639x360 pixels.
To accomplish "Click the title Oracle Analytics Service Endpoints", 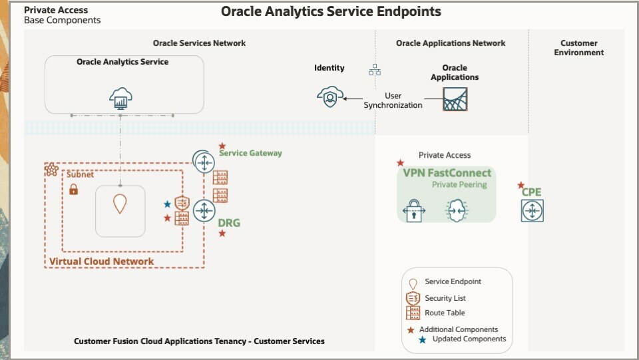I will (x=331, y=11).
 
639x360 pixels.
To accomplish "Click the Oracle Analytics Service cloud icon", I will (x=120, y=98).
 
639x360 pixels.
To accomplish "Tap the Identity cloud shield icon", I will (x=329, y=96).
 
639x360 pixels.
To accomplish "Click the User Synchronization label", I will (x=393, y=100).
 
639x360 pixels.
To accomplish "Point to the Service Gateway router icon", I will (x=203, y=160).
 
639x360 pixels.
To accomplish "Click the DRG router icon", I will (x=203, y=210).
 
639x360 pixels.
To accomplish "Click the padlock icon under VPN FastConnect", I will (x=414, y=210).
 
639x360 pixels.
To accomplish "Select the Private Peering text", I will (x=459, y=184).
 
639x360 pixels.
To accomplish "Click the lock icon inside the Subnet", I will (x=73, y=190).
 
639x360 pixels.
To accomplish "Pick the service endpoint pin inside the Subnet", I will (x=120, y=204).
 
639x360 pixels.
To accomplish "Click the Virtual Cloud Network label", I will (x=101, y=262).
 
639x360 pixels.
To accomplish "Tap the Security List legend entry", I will (x=445, y=298).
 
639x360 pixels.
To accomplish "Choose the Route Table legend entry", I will (x=445, y=313).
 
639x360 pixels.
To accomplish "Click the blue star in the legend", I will (x=422, y=339).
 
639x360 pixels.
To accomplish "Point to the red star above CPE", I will (x=521, y=185).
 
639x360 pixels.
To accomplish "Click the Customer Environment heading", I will (x=578, y=48).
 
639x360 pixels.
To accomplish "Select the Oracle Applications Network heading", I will (x=451, y=43).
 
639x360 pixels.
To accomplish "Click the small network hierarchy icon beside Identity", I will (x=375, y=69).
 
